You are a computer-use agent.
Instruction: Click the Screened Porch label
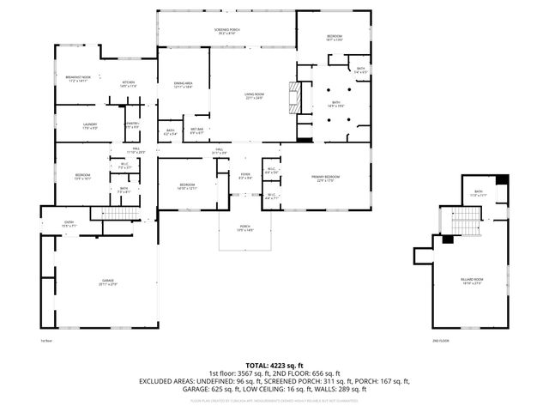[x=226, y=32]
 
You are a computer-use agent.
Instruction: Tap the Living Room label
[x=251, y=97]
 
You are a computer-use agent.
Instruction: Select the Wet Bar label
[x=196, y=131]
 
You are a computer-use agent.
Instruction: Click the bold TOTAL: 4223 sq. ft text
[x=274, y=366]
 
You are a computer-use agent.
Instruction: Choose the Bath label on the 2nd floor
[x=479, y=193]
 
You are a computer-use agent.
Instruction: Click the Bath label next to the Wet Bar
[x=170, y=131]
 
